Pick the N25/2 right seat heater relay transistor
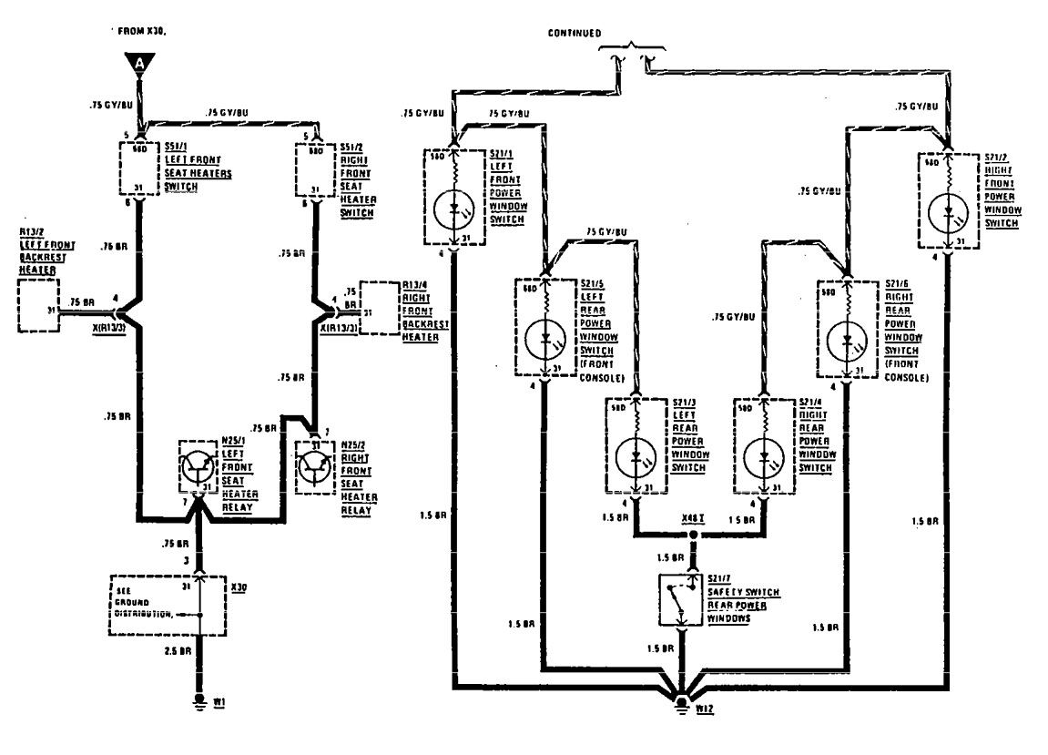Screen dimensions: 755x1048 (316, 465)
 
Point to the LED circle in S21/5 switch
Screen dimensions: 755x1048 (545, 339)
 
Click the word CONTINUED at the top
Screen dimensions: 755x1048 (575, 33)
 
